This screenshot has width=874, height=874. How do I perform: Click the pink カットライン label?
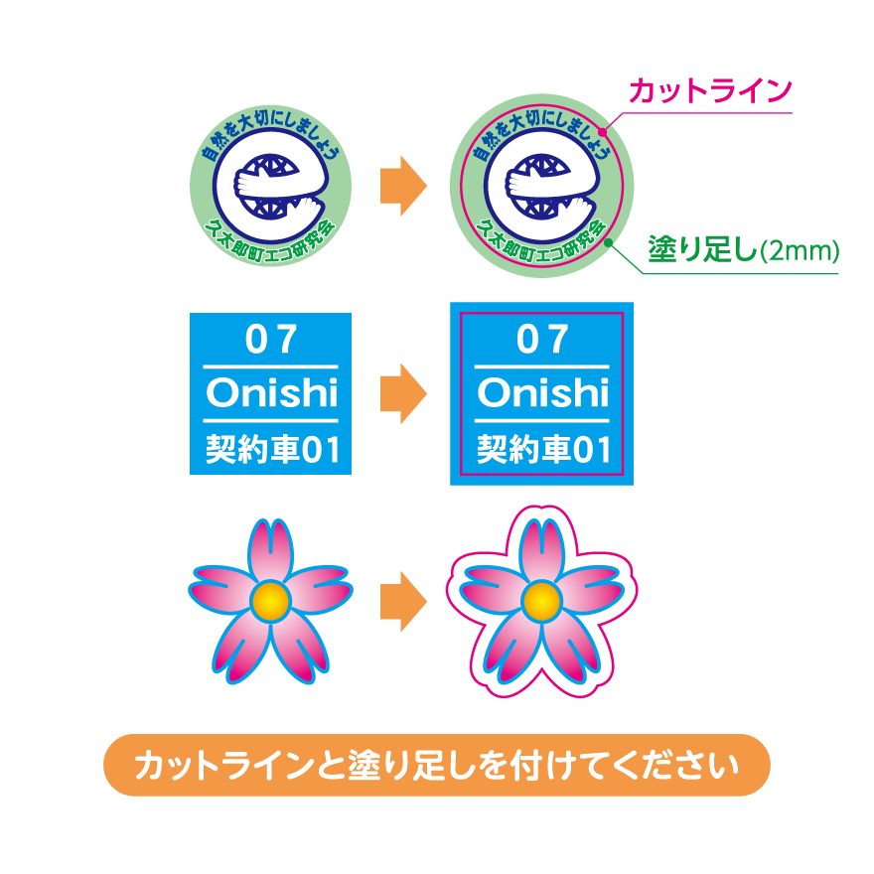tap(711, 92)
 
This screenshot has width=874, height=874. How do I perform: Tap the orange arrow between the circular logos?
tap(402, 185)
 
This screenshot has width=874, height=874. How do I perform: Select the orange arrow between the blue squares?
tap(402, 394)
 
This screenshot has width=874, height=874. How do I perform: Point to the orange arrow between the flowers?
tap(402, 600)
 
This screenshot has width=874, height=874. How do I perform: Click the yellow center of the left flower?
tap(270, 599)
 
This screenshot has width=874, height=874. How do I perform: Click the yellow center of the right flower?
tap(541, 599)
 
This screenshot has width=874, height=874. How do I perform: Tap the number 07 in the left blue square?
tap(270, 341)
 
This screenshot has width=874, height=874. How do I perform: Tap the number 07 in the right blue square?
tap(541, 341)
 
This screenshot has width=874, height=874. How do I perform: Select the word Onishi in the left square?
tap(270, 394)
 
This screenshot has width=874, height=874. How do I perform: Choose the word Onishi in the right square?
tap(541, 394)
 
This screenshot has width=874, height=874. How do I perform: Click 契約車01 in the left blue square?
tap(270, 450)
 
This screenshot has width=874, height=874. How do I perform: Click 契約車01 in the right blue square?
tap(541, 450)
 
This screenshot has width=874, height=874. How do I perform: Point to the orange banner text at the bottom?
tap(437, 766)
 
